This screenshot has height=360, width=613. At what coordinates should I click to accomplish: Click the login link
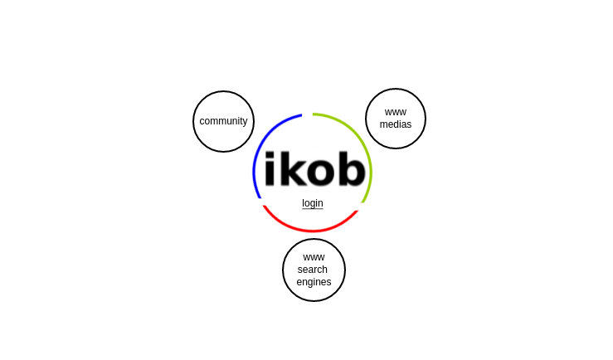(x=313, y=203)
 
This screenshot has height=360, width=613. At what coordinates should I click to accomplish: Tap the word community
(x=223, y=121)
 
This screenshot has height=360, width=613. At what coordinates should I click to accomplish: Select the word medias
(x=395, y=124)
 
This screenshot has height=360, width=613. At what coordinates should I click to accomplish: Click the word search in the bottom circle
(x=313, y=270)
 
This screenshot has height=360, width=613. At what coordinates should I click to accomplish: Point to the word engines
(x=314, y=282)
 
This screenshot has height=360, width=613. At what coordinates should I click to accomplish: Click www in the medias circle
(x=396, y=113)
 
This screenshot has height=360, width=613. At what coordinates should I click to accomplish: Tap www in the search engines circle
(x=314, y=258)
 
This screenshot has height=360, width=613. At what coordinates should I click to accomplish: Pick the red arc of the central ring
(x=312, y=231)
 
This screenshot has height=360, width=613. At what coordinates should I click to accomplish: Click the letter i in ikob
(x=270, y=169)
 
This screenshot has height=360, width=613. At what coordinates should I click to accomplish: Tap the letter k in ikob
(x=292, y=169)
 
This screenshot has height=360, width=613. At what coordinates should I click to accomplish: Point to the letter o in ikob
(x=320, y=173)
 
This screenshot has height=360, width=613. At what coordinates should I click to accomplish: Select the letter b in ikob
(x=352, y=169)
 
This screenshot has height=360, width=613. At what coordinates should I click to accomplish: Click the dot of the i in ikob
(x=270, y=155)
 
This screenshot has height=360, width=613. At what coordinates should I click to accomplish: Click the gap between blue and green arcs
(x=307, y=114)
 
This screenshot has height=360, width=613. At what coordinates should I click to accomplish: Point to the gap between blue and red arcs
(x=261, y=202)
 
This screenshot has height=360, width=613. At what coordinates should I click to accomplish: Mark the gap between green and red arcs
(x=361, y=207)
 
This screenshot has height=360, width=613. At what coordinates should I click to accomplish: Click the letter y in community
(x=246, y=122)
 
